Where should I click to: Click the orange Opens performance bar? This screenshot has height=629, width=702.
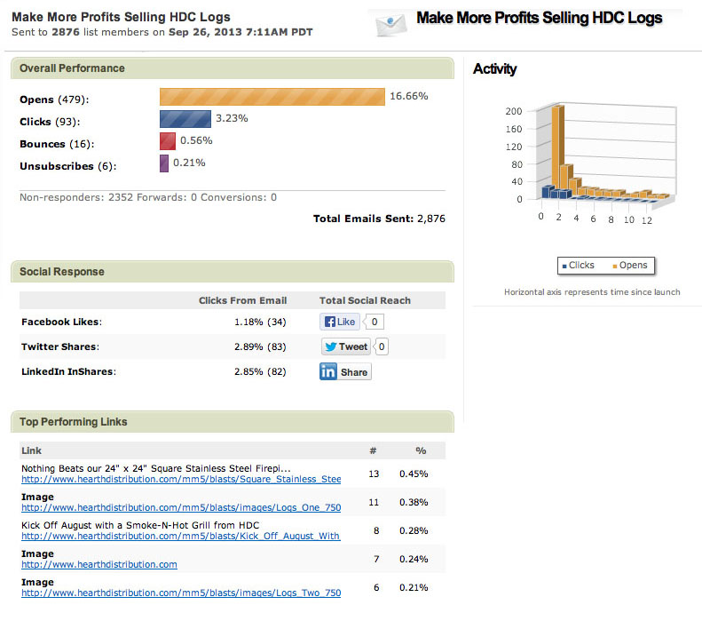[272, 97]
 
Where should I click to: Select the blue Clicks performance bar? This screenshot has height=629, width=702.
[185, 119]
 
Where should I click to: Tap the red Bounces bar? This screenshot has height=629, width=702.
[167, 141]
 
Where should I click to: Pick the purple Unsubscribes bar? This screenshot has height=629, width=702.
[164, 163]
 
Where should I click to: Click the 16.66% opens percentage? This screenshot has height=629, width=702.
[408, 96]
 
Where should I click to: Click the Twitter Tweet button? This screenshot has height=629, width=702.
[346, 347]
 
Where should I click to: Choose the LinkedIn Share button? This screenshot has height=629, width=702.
[344, 372]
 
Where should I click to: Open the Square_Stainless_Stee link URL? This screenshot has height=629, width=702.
[181, 480]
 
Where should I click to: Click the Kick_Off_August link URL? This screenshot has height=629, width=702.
[181, 537]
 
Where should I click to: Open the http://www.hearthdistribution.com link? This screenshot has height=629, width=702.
[99, 564]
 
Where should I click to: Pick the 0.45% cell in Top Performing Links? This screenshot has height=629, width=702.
[414, 474]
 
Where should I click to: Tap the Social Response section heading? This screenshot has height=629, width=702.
[62, 272]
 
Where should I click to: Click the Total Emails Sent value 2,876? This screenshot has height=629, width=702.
[430, 219]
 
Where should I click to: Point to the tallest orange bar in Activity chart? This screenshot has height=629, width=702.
[558, 147]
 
